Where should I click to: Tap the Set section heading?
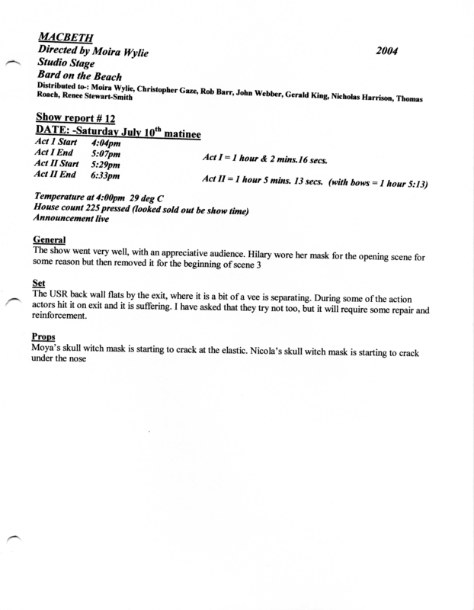point(42,283)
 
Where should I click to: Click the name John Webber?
point(263,88)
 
